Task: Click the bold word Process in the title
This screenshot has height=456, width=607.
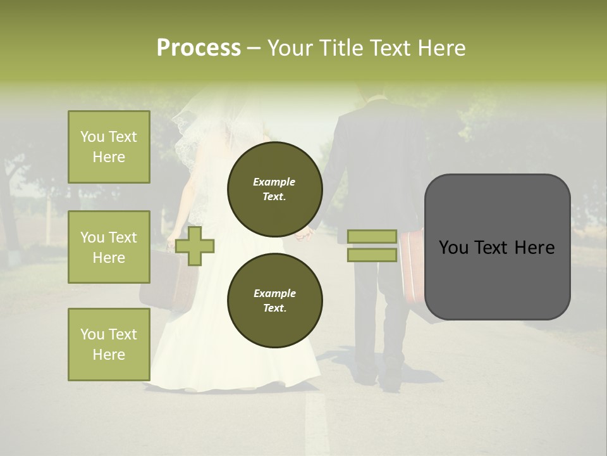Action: [x=199, y=48]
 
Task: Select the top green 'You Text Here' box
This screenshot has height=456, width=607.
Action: [x=109, y=147]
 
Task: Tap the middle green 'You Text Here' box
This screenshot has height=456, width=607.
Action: [x=109, y=247]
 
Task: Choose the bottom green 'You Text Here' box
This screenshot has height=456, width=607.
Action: [x=109, y=344]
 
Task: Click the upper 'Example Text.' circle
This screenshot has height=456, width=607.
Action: [x=274, y=189]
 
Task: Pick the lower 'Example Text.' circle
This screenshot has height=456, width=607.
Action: [x=274, y=301]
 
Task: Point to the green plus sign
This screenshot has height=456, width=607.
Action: [x=195, y=245]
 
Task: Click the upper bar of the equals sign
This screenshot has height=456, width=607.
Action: [x=372, y=236]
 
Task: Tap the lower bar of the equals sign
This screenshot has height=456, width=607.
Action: [x=372, y=255]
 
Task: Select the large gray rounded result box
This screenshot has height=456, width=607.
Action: [x=497, y=247]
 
